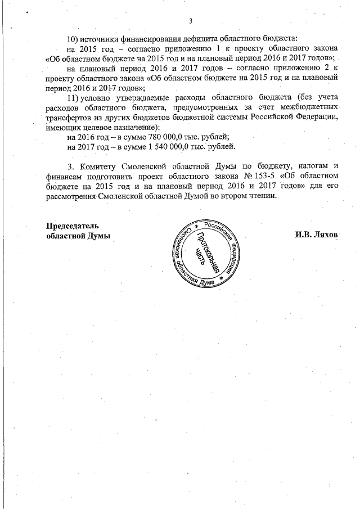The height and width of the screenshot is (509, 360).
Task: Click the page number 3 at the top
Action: [x=191, y=21]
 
